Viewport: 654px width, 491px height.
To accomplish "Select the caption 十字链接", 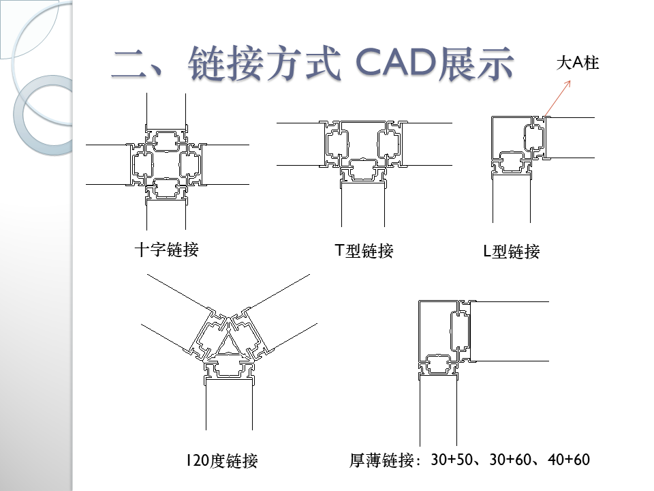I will [166, 250].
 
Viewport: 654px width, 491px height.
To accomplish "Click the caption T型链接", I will [364, 251].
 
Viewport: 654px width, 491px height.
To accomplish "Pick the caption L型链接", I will [511, 252].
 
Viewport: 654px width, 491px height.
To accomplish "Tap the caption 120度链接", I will [222, 462].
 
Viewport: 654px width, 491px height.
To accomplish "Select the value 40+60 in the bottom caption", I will [568, 460].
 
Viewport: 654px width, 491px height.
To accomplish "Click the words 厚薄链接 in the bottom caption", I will [382, 461].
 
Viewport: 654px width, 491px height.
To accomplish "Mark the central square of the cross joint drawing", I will [166, 164].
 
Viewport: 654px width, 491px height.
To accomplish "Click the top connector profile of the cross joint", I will [166, 140].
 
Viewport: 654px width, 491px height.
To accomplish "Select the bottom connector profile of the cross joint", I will [166, 188].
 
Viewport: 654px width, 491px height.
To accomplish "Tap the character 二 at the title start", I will [131, 65].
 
